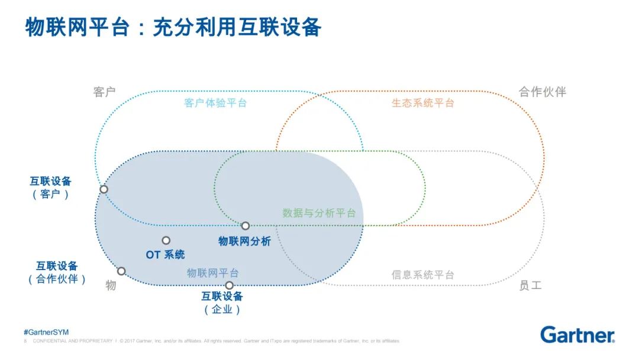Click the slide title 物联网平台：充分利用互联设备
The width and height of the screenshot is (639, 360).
coord(173,28)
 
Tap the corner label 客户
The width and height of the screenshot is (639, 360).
coord(104,92)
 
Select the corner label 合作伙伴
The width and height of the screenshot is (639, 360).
coord(542,92)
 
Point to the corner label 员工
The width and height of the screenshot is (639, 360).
coord(530,285)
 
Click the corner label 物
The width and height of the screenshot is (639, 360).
coord(111,285)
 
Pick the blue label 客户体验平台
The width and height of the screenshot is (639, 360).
coord(215,103)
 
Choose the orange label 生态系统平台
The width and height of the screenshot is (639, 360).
coord(422,103)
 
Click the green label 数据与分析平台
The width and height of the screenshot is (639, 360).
coord(319,213)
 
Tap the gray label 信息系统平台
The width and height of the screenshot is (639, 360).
coord(422,275)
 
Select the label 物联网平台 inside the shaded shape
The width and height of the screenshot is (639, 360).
coord(213,273)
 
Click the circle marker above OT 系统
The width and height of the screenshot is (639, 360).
coord(166,240)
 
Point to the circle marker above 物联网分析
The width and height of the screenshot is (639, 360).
coord(246,226)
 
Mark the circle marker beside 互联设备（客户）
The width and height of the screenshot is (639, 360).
coord(104,189)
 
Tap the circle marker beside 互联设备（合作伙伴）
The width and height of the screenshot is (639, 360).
coord(121,271)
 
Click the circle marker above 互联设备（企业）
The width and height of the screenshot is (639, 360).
coord(229,285)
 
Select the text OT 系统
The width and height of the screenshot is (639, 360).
coord(165,255)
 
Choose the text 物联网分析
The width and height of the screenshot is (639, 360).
coord(244,241)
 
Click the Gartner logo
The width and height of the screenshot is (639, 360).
coord(577,335)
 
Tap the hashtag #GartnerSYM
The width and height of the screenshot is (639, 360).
coord(46,332)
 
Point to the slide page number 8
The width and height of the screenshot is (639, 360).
coord(25,341)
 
